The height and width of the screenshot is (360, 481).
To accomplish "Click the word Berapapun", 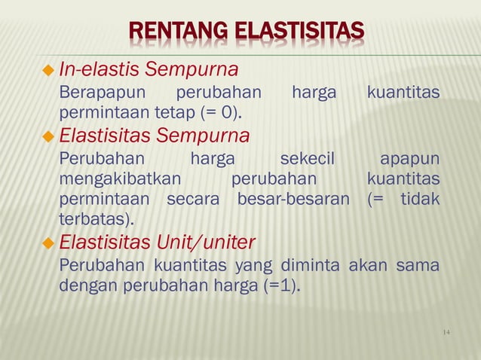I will coord(94,93).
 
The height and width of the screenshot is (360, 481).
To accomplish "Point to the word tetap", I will coord(176,114).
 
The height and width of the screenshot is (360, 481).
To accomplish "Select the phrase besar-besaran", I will coord(293,200).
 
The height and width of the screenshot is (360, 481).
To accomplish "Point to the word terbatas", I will coord(94,220).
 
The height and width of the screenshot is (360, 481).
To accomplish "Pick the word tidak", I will coord(419,200).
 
